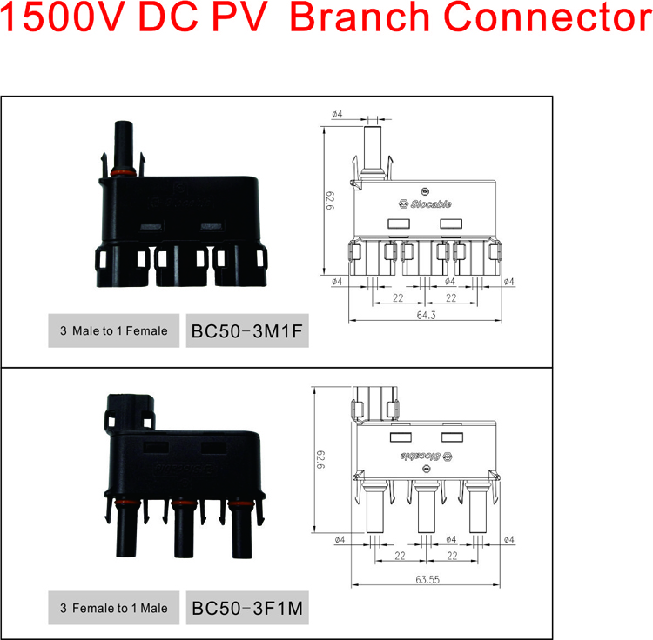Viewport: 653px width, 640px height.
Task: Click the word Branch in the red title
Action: (359, 17)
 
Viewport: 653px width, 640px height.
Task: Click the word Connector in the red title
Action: (548, 17)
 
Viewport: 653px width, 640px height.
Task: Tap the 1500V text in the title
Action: (62, 17)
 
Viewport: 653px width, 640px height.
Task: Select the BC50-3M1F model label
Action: (247, 331)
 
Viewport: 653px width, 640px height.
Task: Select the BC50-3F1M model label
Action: (247, 609)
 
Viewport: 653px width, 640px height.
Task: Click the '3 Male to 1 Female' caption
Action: (114, 331)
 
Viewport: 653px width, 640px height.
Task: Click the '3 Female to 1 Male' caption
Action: (114, 608)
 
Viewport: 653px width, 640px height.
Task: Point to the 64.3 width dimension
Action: (426, 315)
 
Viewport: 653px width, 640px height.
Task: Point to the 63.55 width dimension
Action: (427, 579)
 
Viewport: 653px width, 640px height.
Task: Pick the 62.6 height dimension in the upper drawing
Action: (330, 201)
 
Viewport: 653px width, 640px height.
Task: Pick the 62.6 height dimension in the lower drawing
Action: (320, 459)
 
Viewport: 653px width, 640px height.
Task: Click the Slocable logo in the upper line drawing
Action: (425, 203)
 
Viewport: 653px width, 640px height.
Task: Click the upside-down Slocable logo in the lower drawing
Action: (426, 457)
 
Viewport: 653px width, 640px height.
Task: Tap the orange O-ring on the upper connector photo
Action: (124, 172)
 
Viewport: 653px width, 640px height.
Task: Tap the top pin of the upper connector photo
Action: (124, 144)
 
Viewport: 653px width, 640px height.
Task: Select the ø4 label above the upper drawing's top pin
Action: (337, 114)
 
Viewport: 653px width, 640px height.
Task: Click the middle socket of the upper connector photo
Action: (181, 265)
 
